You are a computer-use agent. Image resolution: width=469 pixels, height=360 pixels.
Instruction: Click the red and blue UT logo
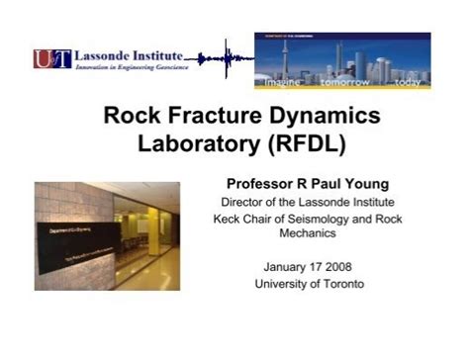51,59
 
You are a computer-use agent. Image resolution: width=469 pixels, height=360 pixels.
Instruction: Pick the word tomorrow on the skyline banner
344,83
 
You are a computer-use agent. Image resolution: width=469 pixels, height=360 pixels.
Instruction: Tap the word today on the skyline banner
407,83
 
